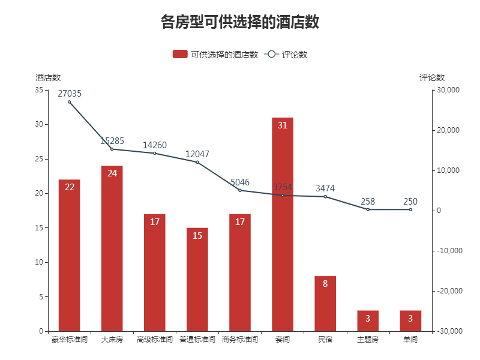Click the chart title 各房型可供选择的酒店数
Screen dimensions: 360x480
tap(240, 23)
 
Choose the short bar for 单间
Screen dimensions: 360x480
tap(410, 320)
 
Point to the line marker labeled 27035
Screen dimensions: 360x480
tap(69, 102)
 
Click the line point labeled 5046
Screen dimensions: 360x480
tap(240, 190)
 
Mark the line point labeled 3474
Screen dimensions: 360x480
tap(325, 197)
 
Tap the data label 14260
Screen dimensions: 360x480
tap(155, 145)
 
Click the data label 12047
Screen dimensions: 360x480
tap(197, 154)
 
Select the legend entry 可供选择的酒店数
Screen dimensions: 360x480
tap(215, 55)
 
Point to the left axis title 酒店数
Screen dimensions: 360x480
tap(48, 77)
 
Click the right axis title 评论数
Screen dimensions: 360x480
tap(432, 77)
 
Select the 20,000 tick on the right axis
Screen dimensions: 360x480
tap(448, 130)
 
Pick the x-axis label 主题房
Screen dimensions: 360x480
tap(368, 340)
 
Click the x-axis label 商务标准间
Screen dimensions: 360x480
tap(240, 340)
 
